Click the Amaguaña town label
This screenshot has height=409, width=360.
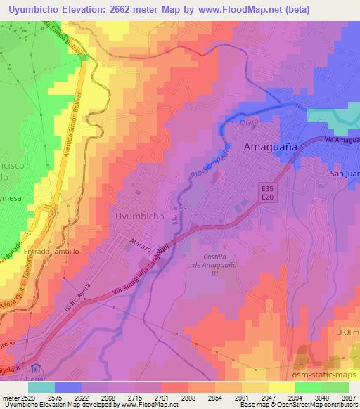(x=270, y=148)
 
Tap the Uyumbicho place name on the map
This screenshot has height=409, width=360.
(x=139, y=217)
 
